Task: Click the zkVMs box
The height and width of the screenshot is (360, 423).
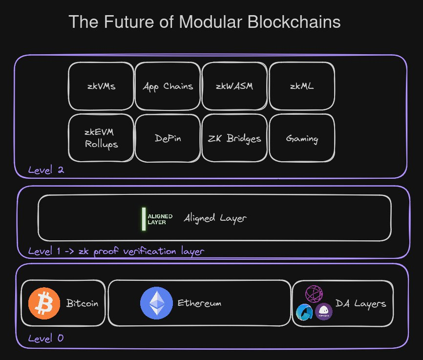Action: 101,86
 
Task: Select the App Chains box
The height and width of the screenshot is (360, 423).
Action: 168,86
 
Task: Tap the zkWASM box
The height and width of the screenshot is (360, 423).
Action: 234,86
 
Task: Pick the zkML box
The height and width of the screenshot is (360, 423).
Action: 302,86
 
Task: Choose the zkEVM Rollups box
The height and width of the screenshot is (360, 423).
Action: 101,138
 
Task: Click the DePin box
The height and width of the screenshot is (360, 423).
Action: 168,138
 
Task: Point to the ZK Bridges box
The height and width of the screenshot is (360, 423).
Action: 234,138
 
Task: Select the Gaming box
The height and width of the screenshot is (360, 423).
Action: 302,138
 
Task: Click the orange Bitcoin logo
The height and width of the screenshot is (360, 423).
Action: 44,303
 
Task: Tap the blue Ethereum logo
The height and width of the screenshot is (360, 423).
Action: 156,303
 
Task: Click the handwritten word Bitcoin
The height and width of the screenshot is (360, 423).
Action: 82,303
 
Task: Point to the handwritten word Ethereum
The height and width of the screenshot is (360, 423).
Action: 199,303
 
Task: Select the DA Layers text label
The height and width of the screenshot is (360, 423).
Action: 360,304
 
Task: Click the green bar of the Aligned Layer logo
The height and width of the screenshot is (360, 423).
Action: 144,218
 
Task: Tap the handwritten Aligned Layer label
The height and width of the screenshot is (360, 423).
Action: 215,218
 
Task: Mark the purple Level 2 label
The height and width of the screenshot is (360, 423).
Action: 46,170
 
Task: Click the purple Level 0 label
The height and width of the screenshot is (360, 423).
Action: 45,338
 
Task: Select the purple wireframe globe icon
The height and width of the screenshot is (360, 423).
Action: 314,294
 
